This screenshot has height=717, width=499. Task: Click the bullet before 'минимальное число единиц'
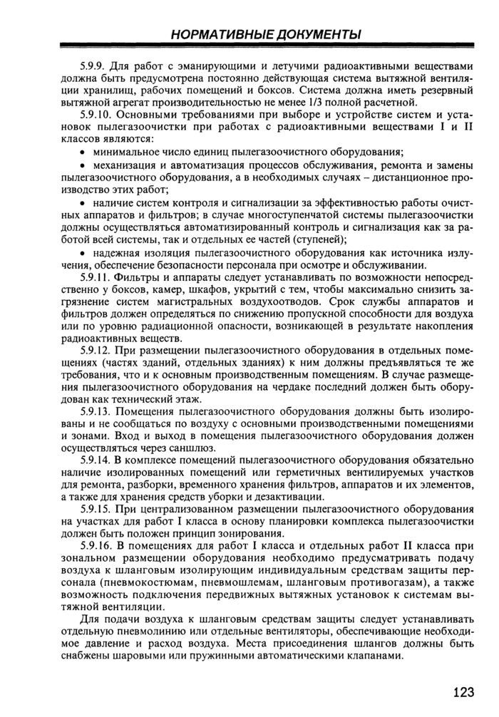pos(85,152)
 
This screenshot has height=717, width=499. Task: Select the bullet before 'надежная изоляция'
pos(85,253)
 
